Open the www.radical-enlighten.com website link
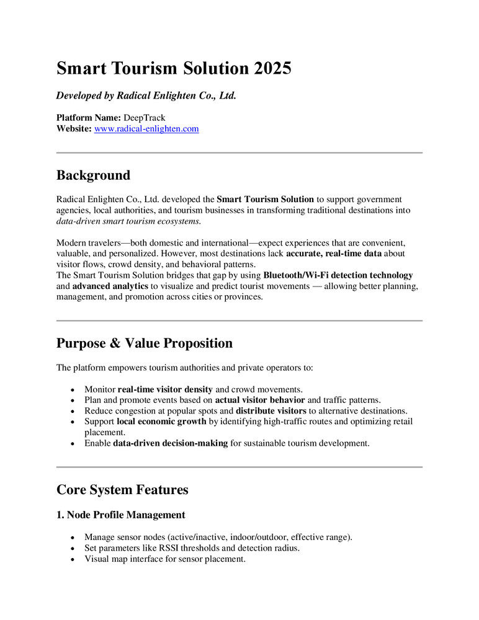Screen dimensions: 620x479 point(146,129)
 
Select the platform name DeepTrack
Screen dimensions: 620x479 point(145,117)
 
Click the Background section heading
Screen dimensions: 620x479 point(93,175)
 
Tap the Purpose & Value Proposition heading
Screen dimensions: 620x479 point(145,343)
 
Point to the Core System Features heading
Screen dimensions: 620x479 point(122,490)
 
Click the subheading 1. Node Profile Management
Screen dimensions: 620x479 point(120,515)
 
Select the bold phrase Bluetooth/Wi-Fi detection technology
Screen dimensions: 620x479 point(338,275)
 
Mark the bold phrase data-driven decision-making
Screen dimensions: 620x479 point(170,443)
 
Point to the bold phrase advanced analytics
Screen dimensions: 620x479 point(110,286)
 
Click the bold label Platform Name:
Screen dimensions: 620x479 point(89,117)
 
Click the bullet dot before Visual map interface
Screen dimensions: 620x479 point(74,559)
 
